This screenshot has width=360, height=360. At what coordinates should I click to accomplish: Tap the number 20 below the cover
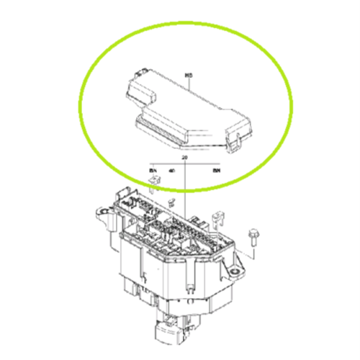coord(185,157)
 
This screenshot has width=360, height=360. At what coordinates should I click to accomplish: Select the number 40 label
coord(171,171)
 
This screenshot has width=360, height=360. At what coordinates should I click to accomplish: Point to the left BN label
coord(153,171)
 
